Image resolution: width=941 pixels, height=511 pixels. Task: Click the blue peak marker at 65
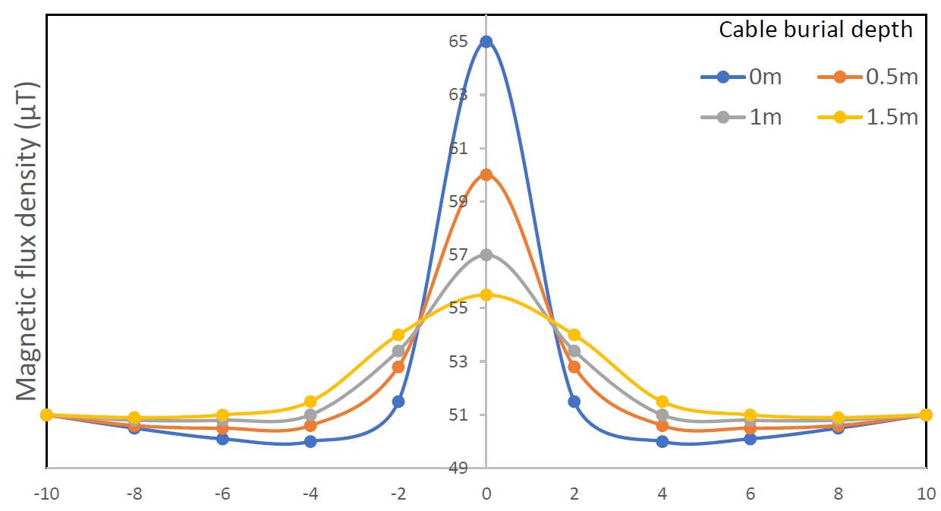pyautogui.click(x=486, y=42)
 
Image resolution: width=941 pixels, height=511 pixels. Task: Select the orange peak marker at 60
pyautogui.click(x=486, y=175)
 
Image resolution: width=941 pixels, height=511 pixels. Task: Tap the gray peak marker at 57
pyautogui.click(x=486, y=254)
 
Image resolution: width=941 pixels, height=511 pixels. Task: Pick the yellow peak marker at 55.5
pyautogui.click(x=486, y=295)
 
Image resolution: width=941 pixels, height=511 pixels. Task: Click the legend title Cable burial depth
pyautogui.click(x=816, y=30)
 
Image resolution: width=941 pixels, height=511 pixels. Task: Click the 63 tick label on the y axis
pyautogui.click(x=458, y=95)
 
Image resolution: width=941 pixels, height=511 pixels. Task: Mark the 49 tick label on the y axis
pyautogui.click(x=458, y=468)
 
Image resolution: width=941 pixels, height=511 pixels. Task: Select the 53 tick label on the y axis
pyautogui.click(x=458, y=361)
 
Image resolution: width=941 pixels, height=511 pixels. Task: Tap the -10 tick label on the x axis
pyautogui.click(x=46, y=493)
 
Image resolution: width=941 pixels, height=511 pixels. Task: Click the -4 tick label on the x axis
pyautogui.click(x=310, y=493)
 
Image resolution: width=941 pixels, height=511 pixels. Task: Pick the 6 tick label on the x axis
pyautogui.click(x=750, y=493)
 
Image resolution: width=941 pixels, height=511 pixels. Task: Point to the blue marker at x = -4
pyautogui.click(x=310, y=441)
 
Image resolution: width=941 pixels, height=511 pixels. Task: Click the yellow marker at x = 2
pyautogui.click(x=574, y=335)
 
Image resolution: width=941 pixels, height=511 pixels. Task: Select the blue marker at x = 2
pyautogui.click(x=574, y=402)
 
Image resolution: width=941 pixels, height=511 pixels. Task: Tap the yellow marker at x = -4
pyautogui.click(x=310, y=402)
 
